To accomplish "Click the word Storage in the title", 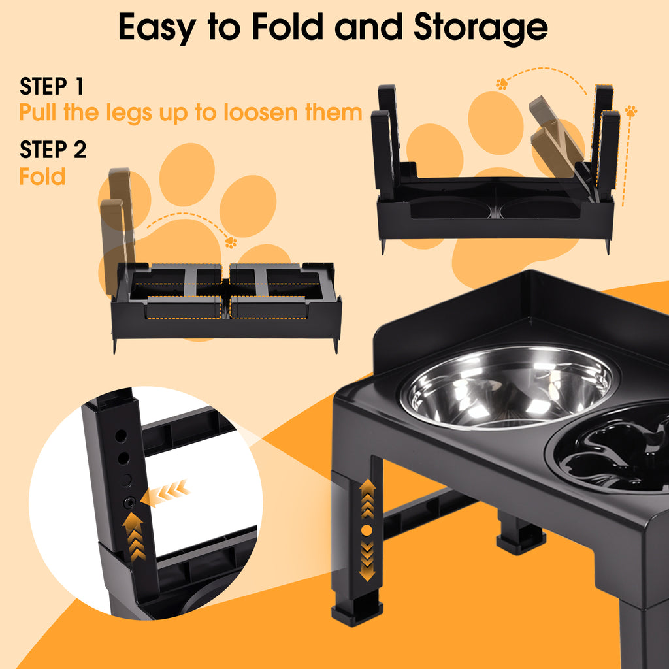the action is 480,29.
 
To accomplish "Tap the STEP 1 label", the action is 52,86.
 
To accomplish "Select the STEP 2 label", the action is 53,150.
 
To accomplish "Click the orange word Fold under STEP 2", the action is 42,176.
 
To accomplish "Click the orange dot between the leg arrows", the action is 367,530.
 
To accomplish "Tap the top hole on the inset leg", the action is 121,436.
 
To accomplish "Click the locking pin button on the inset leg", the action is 129,503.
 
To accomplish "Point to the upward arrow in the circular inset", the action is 134,536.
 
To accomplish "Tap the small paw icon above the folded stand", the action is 231,242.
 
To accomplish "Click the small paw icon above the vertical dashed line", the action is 631,111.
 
